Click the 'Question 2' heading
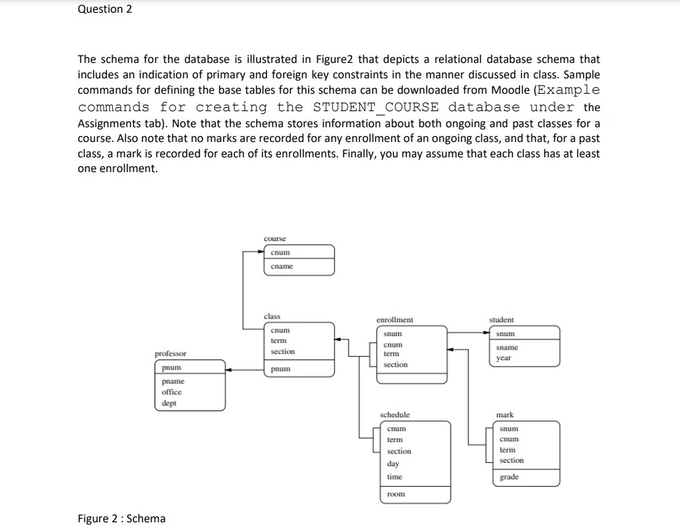pyautogui.click(x=105, y=9)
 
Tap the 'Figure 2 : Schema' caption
pyautogui.click(x=121, y=518)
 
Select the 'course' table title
pyautogui.click(x=274, y=238)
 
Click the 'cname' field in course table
pyautogui.click(x=281, y=267)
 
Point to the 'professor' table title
pyautogui.click(x=171, y=354)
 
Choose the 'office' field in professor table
pyautogui.click(x=171, y=392)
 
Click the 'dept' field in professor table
pyautogui.click(x=169, y=403)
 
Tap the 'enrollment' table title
pyautogui.click(x=395, y=320)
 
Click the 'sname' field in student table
pyautogui.click(x=508, y=348)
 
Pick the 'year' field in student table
pyautogui.click(x=504, y=358)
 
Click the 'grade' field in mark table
pyautogui.click(x=509, y=477)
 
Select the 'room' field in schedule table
pyautogui.click(x=395, y=494)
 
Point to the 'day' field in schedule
pyautogui.click(x=393, y=463)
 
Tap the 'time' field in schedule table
pyautogui.click(x=394, y=477)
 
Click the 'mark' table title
pyautogui.click(x=505, y=415)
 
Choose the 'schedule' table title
pyautogui.click(x=395, y=415)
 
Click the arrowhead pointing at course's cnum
pyautogui.click(x=263, y=252)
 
